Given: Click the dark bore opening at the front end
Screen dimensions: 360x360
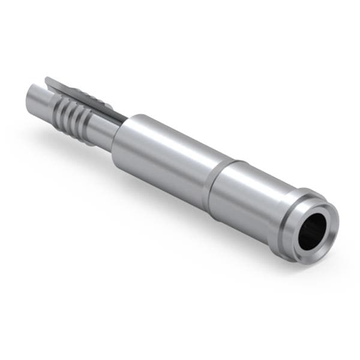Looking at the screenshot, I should tap(313, 231).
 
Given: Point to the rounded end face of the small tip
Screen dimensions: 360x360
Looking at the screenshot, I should tap(30, 96).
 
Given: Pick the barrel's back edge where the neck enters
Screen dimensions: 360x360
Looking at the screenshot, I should tap(115, 144).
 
